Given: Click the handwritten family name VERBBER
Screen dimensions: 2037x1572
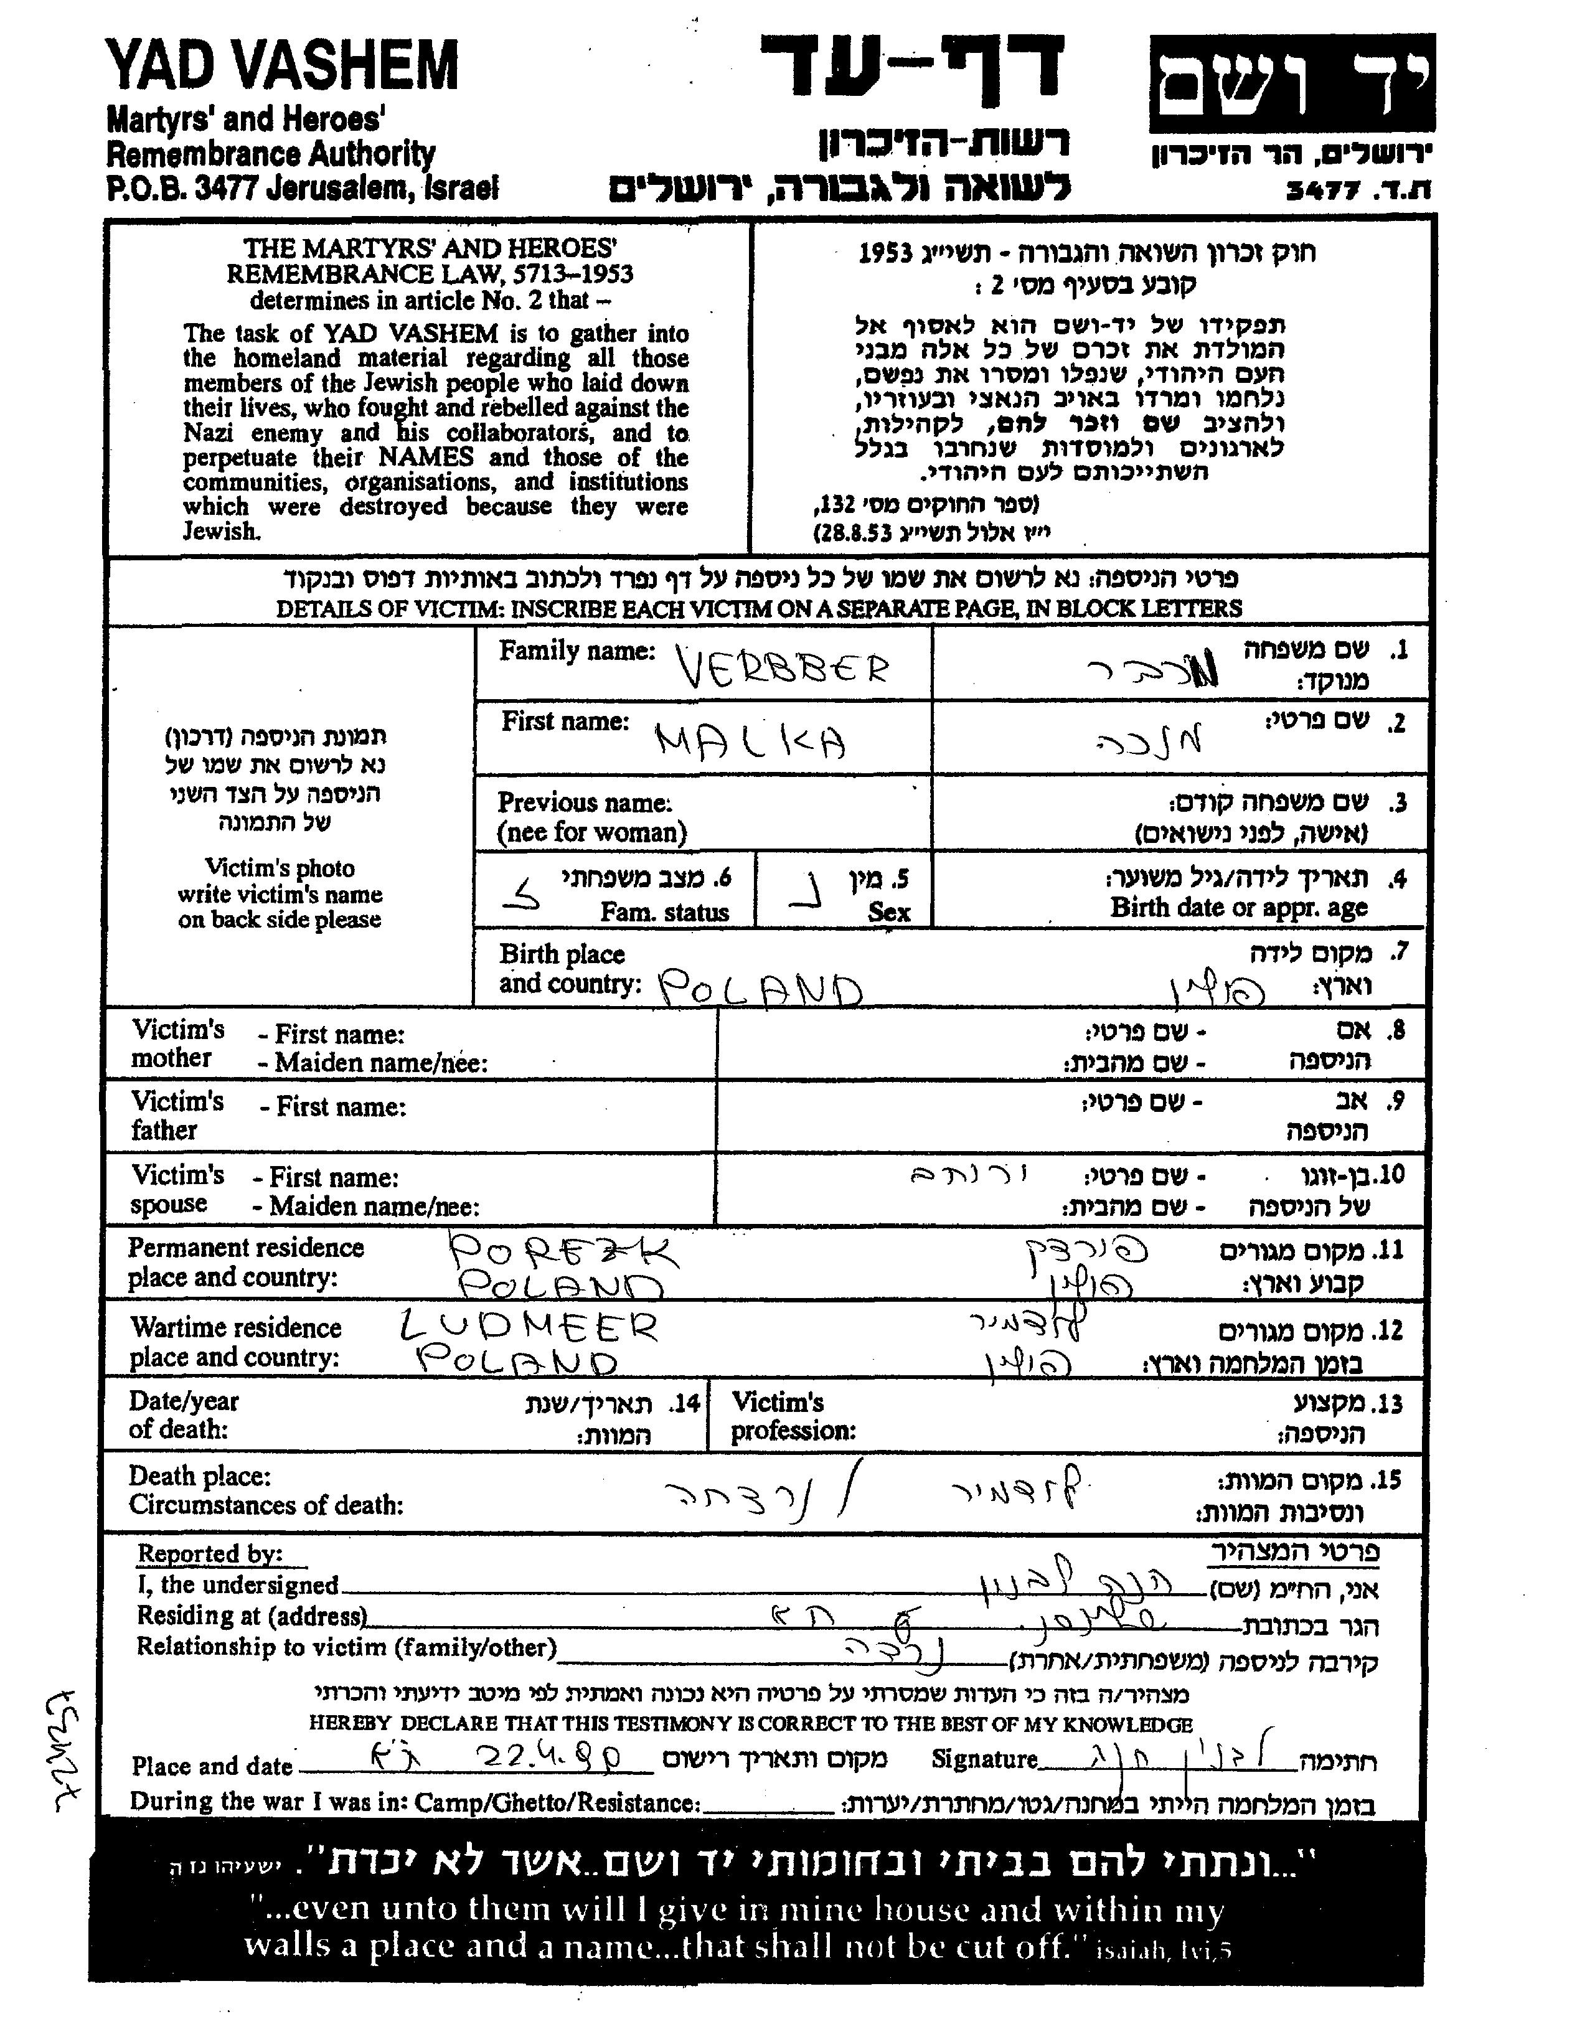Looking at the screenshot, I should pyautogui.click(x=782, y=668).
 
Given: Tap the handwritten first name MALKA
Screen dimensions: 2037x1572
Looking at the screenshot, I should pyautogui.click(x=751, y=743).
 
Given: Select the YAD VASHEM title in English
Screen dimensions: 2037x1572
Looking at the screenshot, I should pyautogui.click(x=283, y=66).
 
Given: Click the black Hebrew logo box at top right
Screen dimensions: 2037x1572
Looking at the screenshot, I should pyautogui.click(x=1291, y=84).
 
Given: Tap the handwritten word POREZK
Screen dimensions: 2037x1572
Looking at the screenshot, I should pyautogui.click(x=565, y=1252).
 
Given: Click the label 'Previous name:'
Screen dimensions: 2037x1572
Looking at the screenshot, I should pyautogui.click(x=584, y=803).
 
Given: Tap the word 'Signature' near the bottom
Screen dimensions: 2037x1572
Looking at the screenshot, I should pyautogui.click(x=984, y=1759).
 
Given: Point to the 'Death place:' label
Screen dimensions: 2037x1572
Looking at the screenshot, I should pyautogui.click(x=200, y=1477).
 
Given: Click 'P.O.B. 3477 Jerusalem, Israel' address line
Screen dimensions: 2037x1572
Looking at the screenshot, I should pyautogui.click(x=303, y=189).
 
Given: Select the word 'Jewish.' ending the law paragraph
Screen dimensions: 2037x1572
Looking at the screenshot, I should pyautogui.click(x=220, y=532).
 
